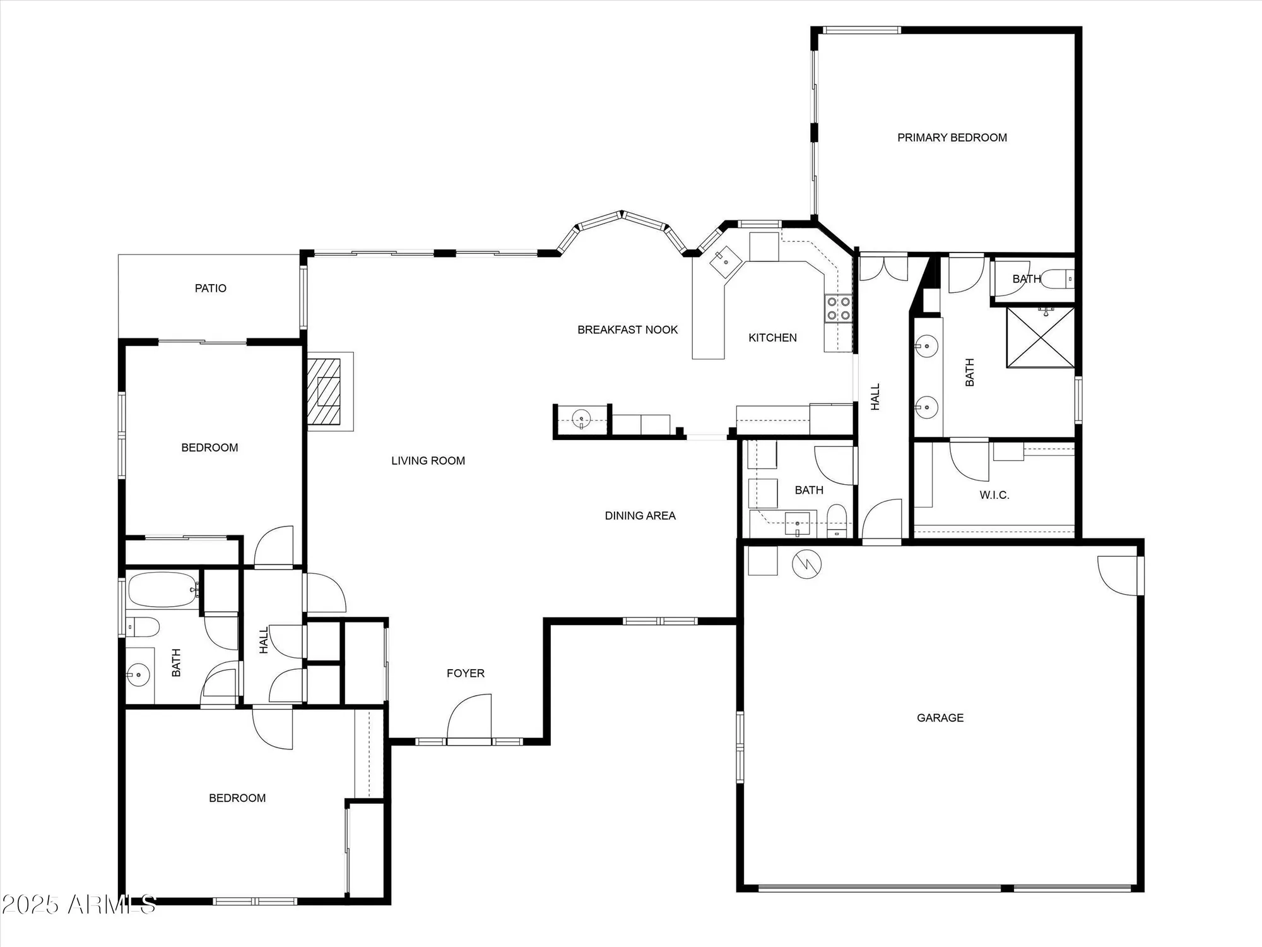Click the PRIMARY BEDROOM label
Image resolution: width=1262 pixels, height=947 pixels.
(952, 138)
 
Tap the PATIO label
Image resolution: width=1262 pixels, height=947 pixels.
(210, 289)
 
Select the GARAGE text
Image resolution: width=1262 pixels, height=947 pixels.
(940, 718)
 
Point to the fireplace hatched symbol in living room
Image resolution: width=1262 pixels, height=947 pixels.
(324, 391)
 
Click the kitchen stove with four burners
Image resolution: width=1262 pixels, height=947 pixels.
(838, 309)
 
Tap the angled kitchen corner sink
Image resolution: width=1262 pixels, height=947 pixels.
(726, 261)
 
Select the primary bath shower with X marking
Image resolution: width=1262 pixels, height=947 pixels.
(1040, 337)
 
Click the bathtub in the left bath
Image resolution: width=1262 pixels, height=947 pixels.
(163, 590)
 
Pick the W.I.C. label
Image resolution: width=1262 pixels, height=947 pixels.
(994, 496)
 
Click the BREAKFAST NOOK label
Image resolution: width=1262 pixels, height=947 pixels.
(627, 330)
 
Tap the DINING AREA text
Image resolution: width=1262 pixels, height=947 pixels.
(640, 516)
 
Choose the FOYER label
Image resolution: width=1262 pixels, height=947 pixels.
(465, 674)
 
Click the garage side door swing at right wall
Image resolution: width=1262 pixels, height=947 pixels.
(1118, 576)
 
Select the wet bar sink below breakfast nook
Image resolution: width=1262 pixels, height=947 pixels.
(581, 419)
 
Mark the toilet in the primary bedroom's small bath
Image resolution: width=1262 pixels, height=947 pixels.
(1055, 278)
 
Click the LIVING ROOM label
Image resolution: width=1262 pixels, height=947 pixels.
(428, 461)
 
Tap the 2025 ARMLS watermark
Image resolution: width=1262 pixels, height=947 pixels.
(78, 905)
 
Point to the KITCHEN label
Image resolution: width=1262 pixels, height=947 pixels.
(772, 338)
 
